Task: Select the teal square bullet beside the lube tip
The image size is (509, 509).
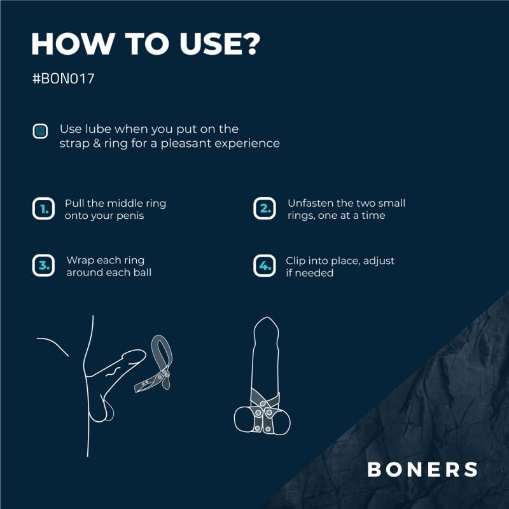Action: pyautogui.click(x=41, y=132)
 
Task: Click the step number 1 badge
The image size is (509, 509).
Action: pyautogui.click(x=43, y=209)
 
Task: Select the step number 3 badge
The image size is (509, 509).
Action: pyautogui.click(x=43, y=266)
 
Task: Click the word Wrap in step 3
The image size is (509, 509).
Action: pyautogui.click(x=79, y=261)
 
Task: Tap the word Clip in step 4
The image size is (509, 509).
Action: pyautogui.click(x=296, y=261)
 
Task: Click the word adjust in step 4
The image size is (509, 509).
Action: pyautogui.click(x=376, y=261)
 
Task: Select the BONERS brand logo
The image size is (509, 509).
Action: pyautogui.click(x=422, y=470)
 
